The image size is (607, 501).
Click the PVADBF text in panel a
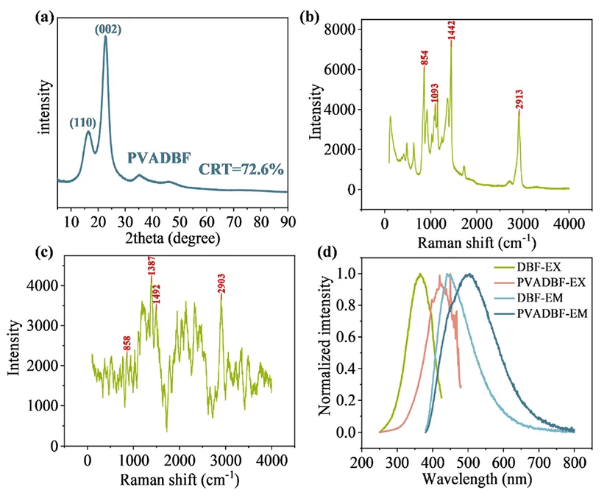157,157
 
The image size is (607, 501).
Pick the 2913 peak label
519,104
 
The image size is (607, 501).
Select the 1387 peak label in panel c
152,266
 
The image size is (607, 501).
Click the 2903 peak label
221,284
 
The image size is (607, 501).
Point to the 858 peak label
127,341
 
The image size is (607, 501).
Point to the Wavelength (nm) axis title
468,480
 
